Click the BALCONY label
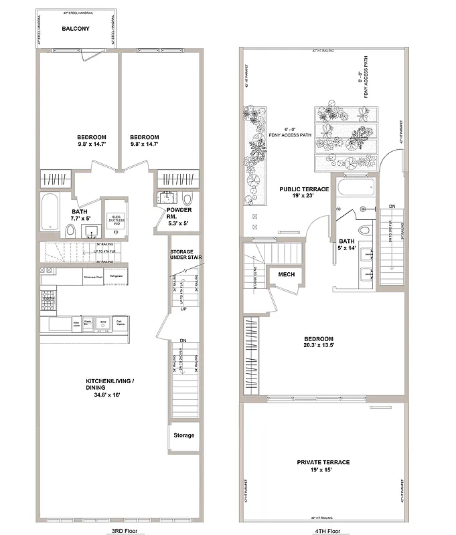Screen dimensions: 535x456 click(76, 29)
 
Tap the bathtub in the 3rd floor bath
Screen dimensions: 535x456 click(50, 211)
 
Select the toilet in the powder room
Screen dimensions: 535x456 click(187, 199)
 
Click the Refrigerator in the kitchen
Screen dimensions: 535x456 click(117, 274)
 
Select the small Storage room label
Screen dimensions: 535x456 click(184, 435)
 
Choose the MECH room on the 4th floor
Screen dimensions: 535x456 click(287, 274)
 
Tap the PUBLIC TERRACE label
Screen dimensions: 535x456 click(304, 189)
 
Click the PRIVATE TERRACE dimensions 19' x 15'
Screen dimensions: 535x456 click(323, 470)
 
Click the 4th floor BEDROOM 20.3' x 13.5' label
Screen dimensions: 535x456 click(318, 343)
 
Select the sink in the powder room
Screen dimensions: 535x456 click(167, 199)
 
